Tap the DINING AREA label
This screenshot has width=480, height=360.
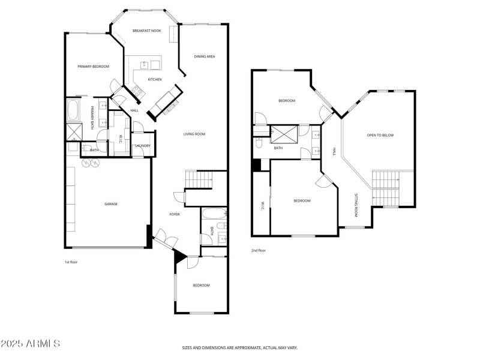point(205,56)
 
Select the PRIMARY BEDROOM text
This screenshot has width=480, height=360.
point(93,67)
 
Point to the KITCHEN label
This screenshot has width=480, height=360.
point(155,79)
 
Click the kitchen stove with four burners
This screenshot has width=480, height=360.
point(137,91)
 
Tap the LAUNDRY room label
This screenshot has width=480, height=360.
point(142,145)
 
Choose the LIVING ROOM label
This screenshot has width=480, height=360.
point(194,134)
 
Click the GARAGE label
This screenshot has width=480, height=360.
point(111,204)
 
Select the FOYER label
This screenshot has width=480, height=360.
point(175,214)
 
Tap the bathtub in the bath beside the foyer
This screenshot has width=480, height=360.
point(214,214)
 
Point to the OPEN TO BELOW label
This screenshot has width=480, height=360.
point(380,135)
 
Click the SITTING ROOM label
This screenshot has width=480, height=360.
point(356,205)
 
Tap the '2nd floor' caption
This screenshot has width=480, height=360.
point(259,250)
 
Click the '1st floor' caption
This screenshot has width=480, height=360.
point(71,262)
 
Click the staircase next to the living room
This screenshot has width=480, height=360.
point(199,179)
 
